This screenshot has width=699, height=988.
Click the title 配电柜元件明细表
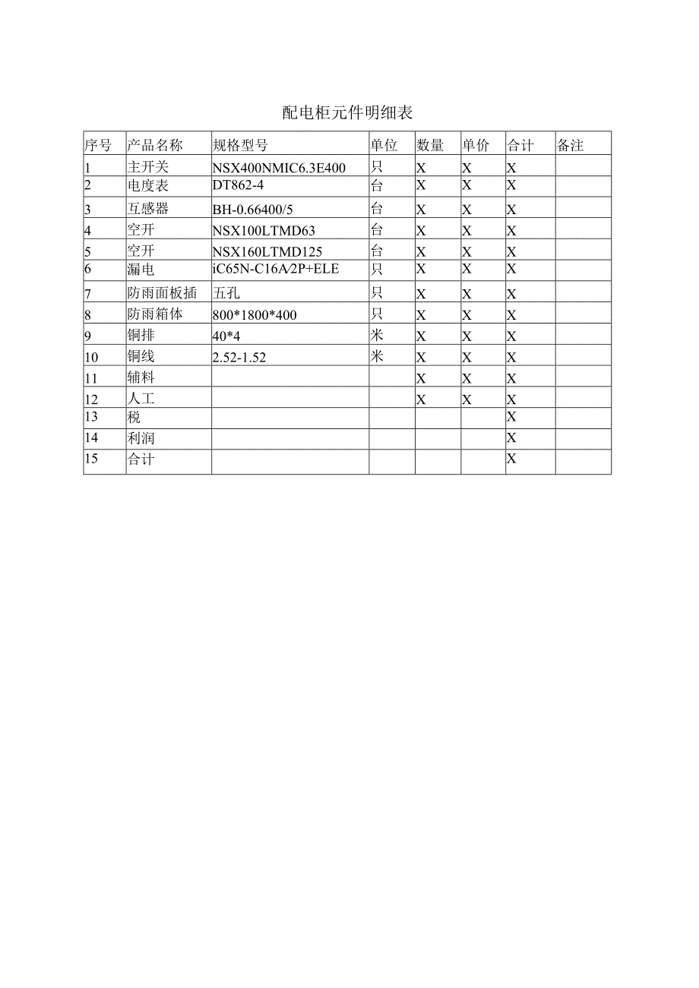pyautogui.click(x=347, y=113)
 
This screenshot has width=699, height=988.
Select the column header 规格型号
pyautogui.click(x=240, y=145)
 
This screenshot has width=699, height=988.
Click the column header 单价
pyautogui.click(x=476, y=145)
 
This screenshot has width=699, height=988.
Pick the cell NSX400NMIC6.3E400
pyautogui.click(x=279, y=168)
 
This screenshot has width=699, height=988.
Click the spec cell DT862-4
pyautogui.click(x=239, y=185)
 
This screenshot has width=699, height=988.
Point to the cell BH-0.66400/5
pyautogui.click(x=252, y=210)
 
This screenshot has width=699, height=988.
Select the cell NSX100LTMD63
pyautogui.click(x=264, y=231)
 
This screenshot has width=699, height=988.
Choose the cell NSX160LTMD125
pyautogui.click(x=267, y=252)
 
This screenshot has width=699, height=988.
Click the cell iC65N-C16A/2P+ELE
pyautogui.click(x=276, y=268)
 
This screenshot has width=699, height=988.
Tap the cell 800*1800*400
pyautogui.click(x=255, y=315)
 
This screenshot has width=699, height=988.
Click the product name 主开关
pyautogui.click(x=146, y=166)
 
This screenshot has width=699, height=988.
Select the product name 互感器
pyautogui.click(x=147, y=209)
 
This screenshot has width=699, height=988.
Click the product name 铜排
pyautogui.click(x=141, y=336)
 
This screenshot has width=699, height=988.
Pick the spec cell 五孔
pyautogui.click(x=226, y=293)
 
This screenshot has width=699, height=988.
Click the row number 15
pyautogui.click(x=91, y=459)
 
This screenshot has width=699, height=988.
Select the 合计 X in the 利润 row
pyautogui.click(x=511, y=437)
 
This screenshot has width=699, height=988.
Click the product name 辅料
pyautogui.click(x=141, y=377)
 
